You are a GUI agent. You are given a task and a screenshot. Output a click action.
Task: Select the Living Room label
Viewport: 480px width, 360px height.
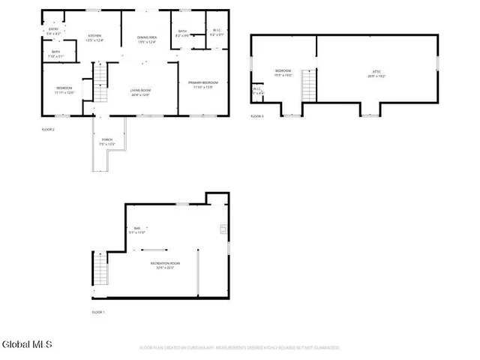click(x=140, y=92)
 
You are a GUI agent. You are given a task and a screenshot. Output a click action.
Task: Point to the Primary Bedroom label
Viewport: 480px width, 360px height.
click(x=203, y=84)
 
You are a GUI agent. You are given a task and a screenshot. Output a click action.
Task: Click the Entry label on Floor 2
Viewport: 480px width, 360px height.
click(x=53, y=31)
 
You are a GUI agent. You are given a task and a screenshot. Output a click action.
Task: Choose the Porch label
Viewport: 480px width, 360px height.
click(x=108, y=141)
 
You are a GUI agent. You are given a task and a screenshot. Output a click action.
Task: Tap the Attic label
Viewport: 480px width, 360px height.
click(x=372, y=73)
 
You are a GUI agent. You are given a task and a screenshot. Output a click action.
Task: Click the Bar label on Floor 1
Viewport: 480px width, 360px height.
click(x=137, y=230)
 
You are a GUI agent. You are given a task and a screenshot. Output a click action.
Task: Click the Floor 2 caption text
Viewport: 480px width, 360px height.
click(x=48, y=130)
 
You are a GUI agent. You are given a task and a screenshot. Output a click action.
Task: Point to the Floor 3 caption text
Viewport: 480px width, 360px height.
click(x=257, y=116)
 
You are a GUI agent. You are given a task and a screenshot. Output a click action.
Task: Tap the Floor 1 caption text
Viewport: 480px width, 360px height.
click(x=98, y=312)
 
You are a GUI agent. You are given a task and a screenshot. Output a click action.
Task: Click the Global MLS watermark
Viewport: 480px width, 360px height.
click(x=27, y=345)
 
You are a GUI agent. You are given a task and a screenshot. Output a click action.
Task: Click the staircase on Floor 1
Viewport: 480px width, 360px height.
click(x=100, y=268)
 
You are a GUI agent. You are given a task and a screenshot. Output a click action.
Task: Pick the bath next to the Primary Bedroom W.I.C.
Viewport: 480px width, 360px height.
click(x=182, y=33)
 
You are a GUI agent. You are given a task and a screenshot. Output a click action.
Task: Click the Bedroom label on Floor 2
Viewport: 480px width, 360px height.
click(x=64, y=90)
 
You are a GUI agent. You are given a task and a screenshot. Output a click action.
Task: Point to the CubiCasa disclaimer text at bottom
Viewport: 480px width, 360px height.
click(x=239, y=347)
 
